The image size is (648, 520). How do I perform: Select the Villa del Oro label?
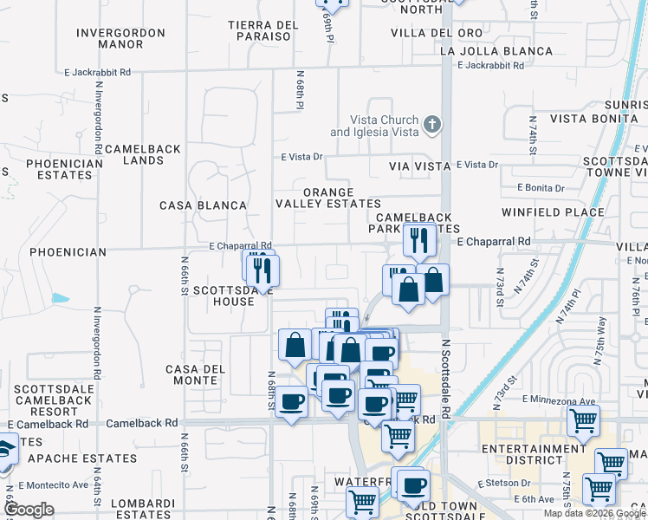[436, 33]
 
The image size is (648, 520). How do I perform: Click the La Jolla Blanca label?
[496, 51]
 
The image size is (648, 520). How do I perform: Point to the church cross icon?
[432, 127]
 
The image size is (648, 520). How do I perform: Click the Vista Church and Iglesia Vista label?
[384, 127]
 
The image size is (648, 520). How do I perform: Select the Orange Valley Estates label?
[327, 198]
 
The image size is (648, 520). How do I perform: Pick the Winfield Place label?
[553, 211]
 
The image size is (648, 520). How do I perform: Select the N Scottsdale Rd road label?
[446, 379]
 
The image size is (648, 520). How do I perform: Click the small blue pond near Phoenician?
[60, 298]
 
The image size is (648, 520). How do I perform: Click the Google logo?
[29, 510]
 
